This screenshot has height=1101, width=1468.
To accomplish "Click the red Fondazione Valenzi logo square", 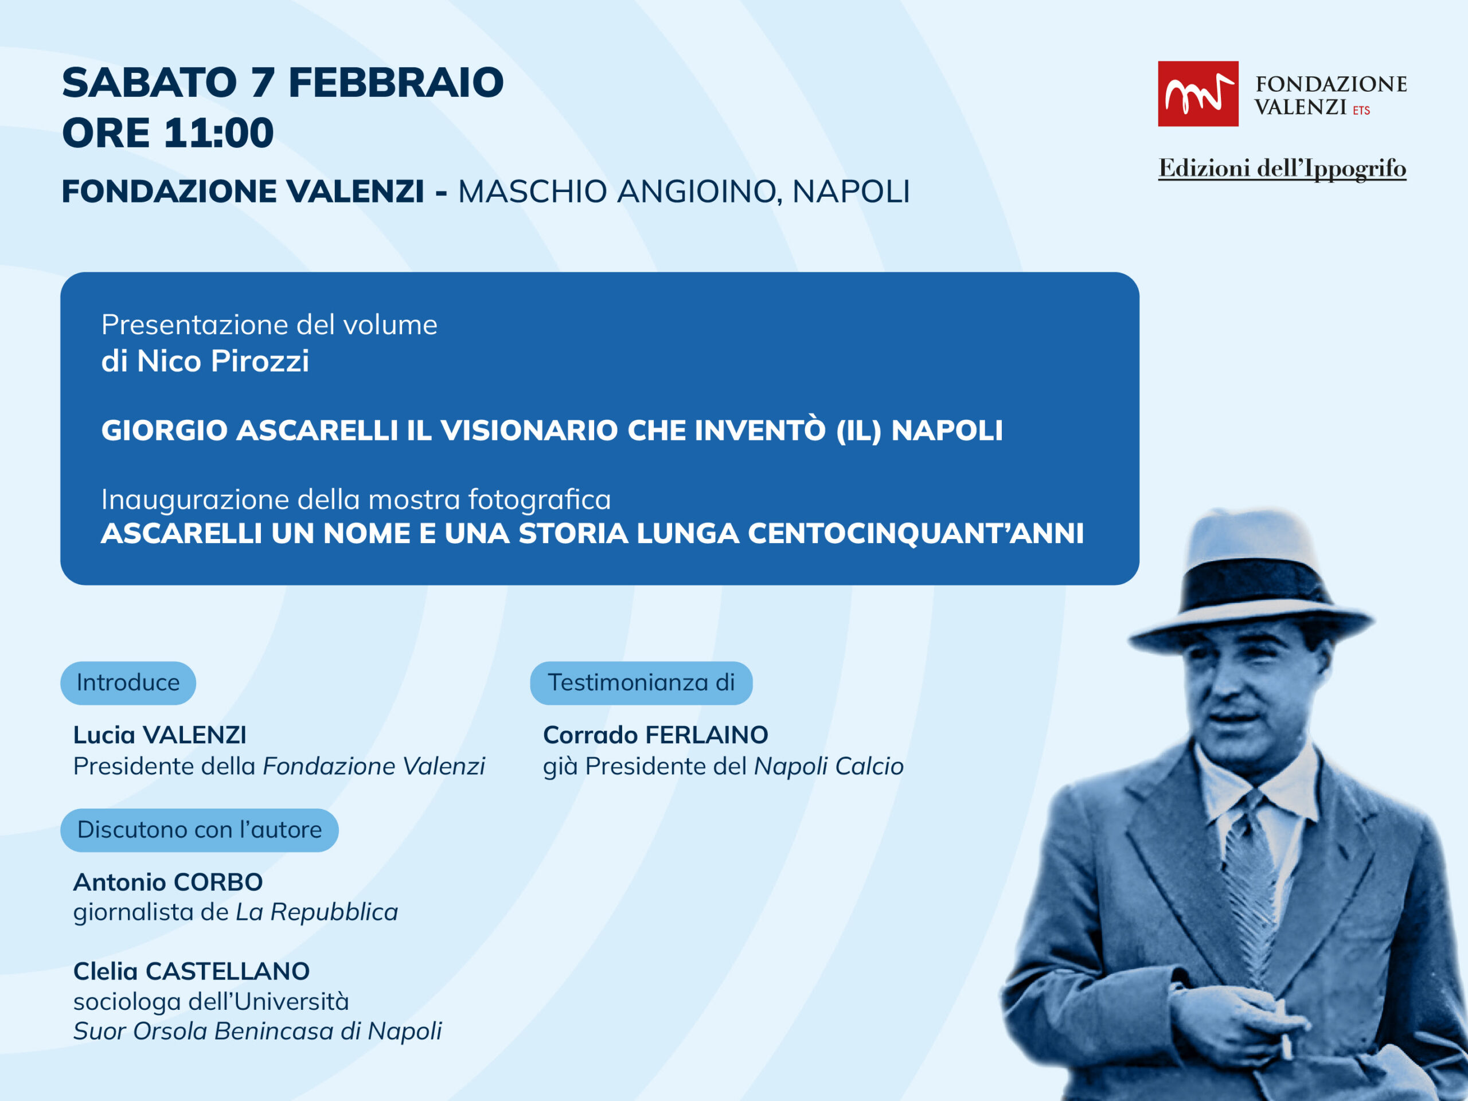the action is coord(1198,93).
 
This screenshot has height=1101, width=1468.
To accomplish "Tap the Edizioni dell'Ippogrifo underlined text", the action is coord(1282,169).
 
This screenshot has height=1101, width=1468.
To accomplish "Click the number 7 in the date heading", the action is coord(263,83).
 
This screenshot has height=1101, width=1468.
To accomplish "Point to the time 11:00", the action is coord(218,132).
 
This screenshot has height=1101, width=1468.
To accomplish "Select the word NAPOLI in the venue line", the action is coord(851,192).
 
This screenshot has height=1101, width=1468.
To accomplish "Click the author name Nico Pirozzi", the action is coord(223,361).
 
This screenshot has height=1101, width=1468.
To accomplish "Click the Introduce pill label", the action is coord(128,683).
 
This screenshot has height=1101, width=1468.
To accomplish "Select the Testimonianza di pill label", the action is coord(641,683).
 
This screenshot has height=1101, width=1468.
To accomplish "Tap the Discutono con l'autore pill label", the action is coord(199,830).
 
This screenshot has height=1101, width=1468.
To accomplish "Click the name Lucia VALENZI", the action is coord(160,735).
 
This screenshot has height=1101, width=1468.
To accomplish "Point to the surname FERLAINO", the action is coord(707,735).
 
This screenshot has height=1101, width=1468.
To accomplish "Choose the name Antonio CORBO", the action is coord(168,883).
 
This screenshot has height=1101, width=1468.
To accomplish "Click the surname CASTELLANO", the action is coord(228,971).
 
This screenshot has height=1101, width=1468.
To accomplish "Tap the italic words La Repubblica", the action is coord(317,912).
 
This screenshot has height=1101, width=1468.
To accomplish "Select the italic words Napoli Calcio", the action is coord(829,767).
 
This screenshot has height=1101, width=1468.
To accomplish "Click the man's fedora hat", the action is coord(1251,581).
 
